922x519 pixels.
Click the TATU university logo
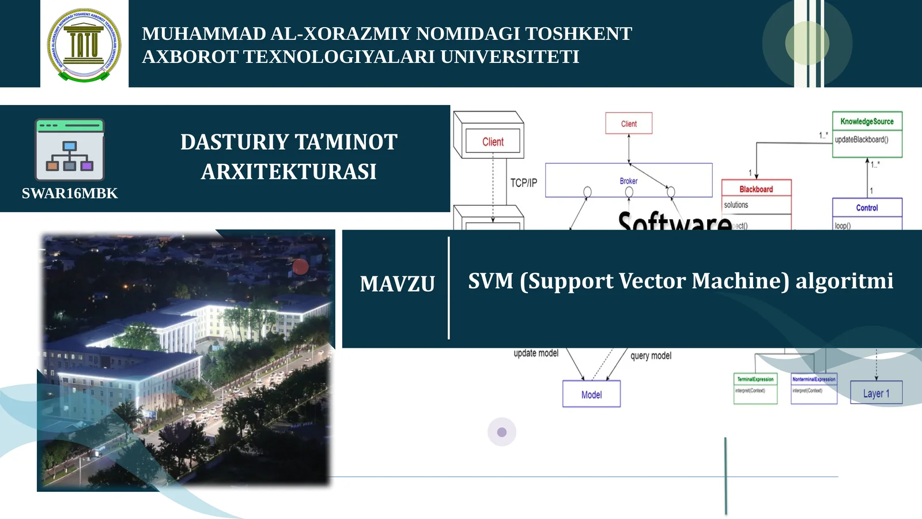84,44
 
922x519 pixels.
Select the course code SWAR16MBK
70,193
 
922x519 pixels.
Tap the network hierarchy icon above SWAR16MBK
70,151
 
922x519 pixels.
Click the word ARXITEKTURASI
289,172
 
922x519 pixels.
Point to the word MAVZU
397,284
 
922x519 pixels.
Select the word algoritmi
844,281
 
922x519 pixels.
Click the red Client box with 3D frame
493,141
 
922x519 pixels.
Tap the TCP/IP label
523,183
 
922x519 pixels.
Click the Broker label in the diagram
628,181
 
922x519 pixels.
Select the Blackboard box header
756,189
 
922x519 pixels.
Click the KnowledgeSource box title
867,121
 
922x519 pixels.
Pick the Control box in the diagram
867,208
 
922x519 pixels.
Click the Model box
591,394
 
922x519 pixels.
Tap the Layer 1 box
876,393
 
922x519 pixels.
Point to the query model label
651,356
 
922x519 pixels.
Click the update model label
536,353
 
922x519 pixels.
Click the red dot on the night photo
300,266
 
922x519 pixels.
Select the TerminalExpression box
755,387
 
